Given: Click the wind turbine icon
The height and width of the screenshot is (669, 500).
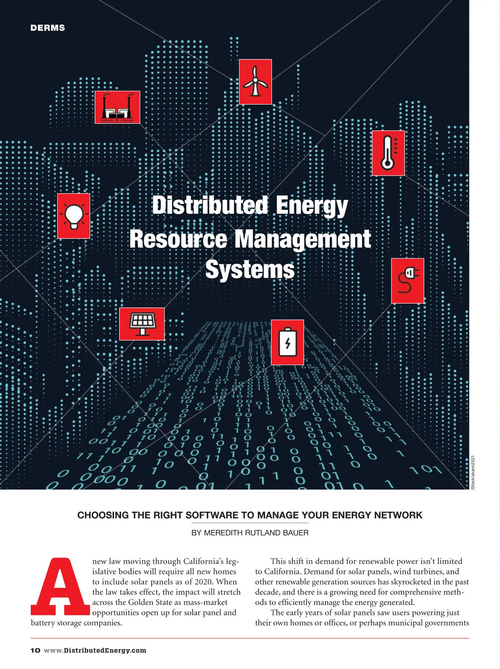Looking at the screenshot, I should click(x=255, y=82).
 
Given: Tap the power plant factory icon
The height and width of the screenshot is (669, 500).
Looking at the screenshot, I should click(x=117, y=107).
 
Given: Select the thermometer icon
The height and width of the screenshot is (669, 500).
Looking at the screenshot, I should click(x=388, y=153).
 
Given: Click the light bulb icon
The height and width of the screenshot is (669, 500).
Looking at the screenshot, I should click(x=74, y=216).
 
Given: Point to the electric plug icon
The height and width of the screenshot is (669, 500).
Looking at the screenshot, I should click(x=407, y=281).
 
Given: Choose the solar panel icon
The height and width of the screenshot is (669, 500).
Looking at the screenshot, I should click(x=142, y=324).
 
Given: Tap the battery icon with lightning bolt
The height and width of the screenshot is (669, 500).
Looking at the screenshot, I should click(x=287, y=342).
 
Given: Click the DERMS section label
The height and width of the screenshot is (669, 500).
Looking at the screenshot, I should click(x=47, y=28).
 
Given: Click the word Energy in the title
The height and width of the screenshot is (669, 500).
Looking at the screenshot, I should click(x=311, y=206).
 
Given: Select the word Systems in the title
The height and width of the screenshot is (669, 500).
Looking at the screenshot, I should click(x=250, y=270).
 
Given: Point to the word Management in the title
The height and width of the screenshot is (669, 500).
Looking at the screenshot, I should click(x=302, y=239).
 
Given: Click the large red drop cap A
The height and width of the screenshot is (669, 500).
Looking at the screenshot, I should click(x=60, y=587).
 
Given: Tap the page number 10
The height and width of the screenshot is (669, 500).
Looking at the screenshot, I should click(x=35, y=650).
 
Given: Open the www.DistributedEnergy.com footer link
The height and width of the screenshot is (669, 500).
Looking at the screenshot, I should click(x=95, y=650).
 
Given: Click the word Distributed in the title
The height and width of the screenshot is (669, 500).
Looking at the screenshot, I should click(x=210, y=206).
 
